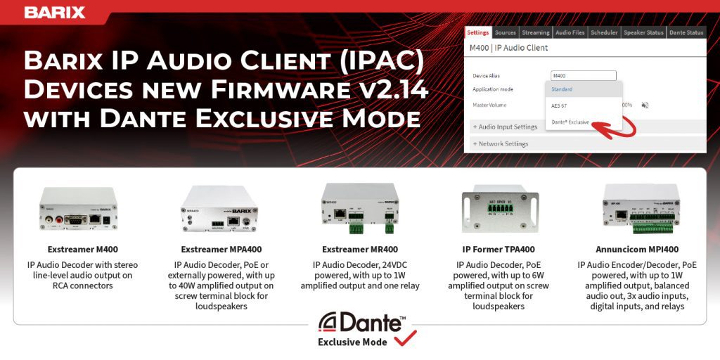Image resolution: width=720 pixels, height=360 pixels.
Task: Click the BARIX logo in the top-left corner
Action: pos(55,12)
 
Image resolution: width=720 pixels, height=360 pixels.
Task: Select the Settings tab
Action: pos(477,32)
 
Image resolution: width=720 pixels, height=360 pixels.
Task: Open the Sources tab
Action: pos(506,32)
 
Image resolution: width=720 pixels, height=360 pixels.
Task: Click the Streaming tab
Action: pos(536,32)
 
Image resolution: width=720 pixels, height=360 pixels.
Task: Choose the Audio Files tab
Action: pos(570,32)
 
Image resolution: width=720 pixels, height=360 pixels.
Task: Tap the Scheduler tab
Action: pos(604,32)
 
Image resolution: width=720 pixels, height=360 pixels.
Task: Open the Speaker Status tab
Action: pos(643,32)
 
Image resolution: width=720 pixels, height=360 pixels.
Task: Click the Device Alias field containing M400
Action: pos(583,75)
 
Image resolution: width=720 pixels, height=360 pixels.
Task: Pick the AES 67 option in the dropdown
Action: pos(560,105)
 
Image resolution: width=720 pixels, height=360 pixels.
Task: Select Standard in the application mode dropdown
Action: pos(562,89)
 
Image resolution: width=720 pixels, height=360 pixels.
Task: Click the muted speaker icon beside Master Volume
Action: pos(645,105)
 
